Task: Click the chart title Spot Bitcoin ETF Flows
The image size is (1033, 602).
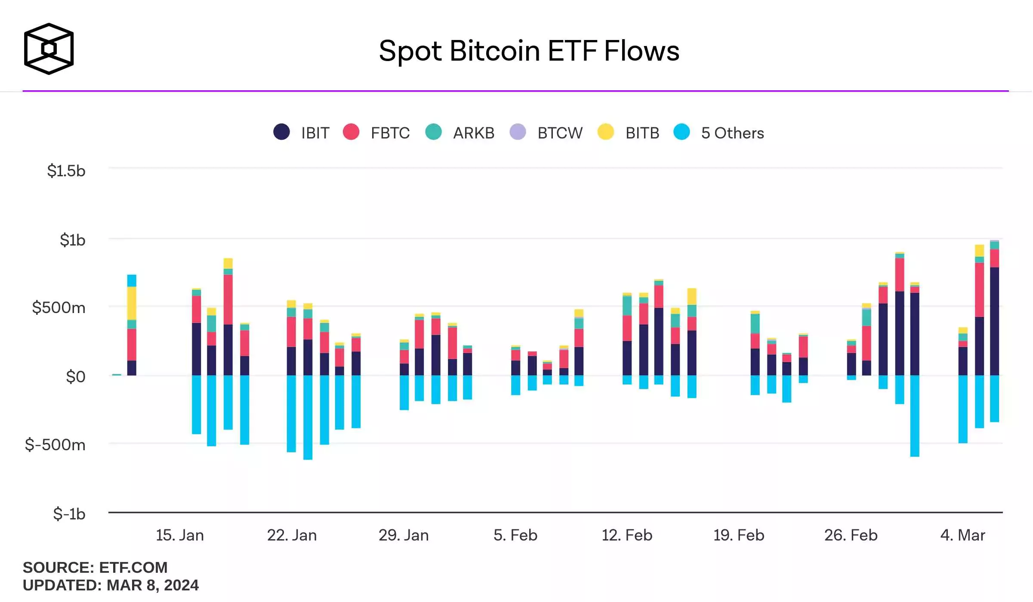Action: click(x=529, y=51)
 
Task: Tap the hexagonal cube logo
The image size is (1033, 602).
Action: click(x=49, y=49)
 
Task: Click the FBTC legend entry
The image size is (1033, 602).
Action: click(x=377, y=132)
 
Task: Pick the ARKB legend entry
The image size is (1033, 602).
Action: click(x=460, y=132)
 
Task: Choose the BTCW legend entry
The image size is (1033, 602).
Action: click(x=546, y=132)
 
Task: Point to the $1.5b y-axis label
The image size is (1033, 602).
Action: click(x=66, y=171)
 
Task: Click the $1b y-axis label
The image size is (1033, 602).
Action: click(x=72, y=240)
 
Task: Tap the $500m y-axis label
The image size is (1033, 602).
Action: click(x=59, y=307)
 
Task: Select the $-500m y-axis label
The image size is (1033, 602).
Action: click(x=55, y=444)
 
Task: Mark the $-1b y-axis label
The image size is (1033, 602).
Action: click(x=69, y=513)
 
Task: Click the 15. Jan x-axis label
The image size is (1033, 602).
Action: click(x=179, y=535)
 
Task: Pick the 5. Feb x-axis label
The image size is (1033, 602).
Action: click(x=515, y=535)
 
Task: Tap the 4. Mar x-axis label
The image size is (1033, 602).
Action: click(x=962, y=535)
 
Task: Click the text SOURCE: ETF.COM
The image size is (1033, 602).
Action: click(x=95, y=567)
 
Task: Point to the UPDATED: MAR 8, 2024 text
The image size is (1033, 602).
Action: click(x=111, y=585)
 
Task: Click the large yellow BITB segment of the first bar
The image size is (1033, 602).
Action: click(x=132, y=303)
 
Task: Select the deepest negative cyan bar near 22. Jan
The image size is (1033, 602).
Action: click(x=308, y=417)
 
